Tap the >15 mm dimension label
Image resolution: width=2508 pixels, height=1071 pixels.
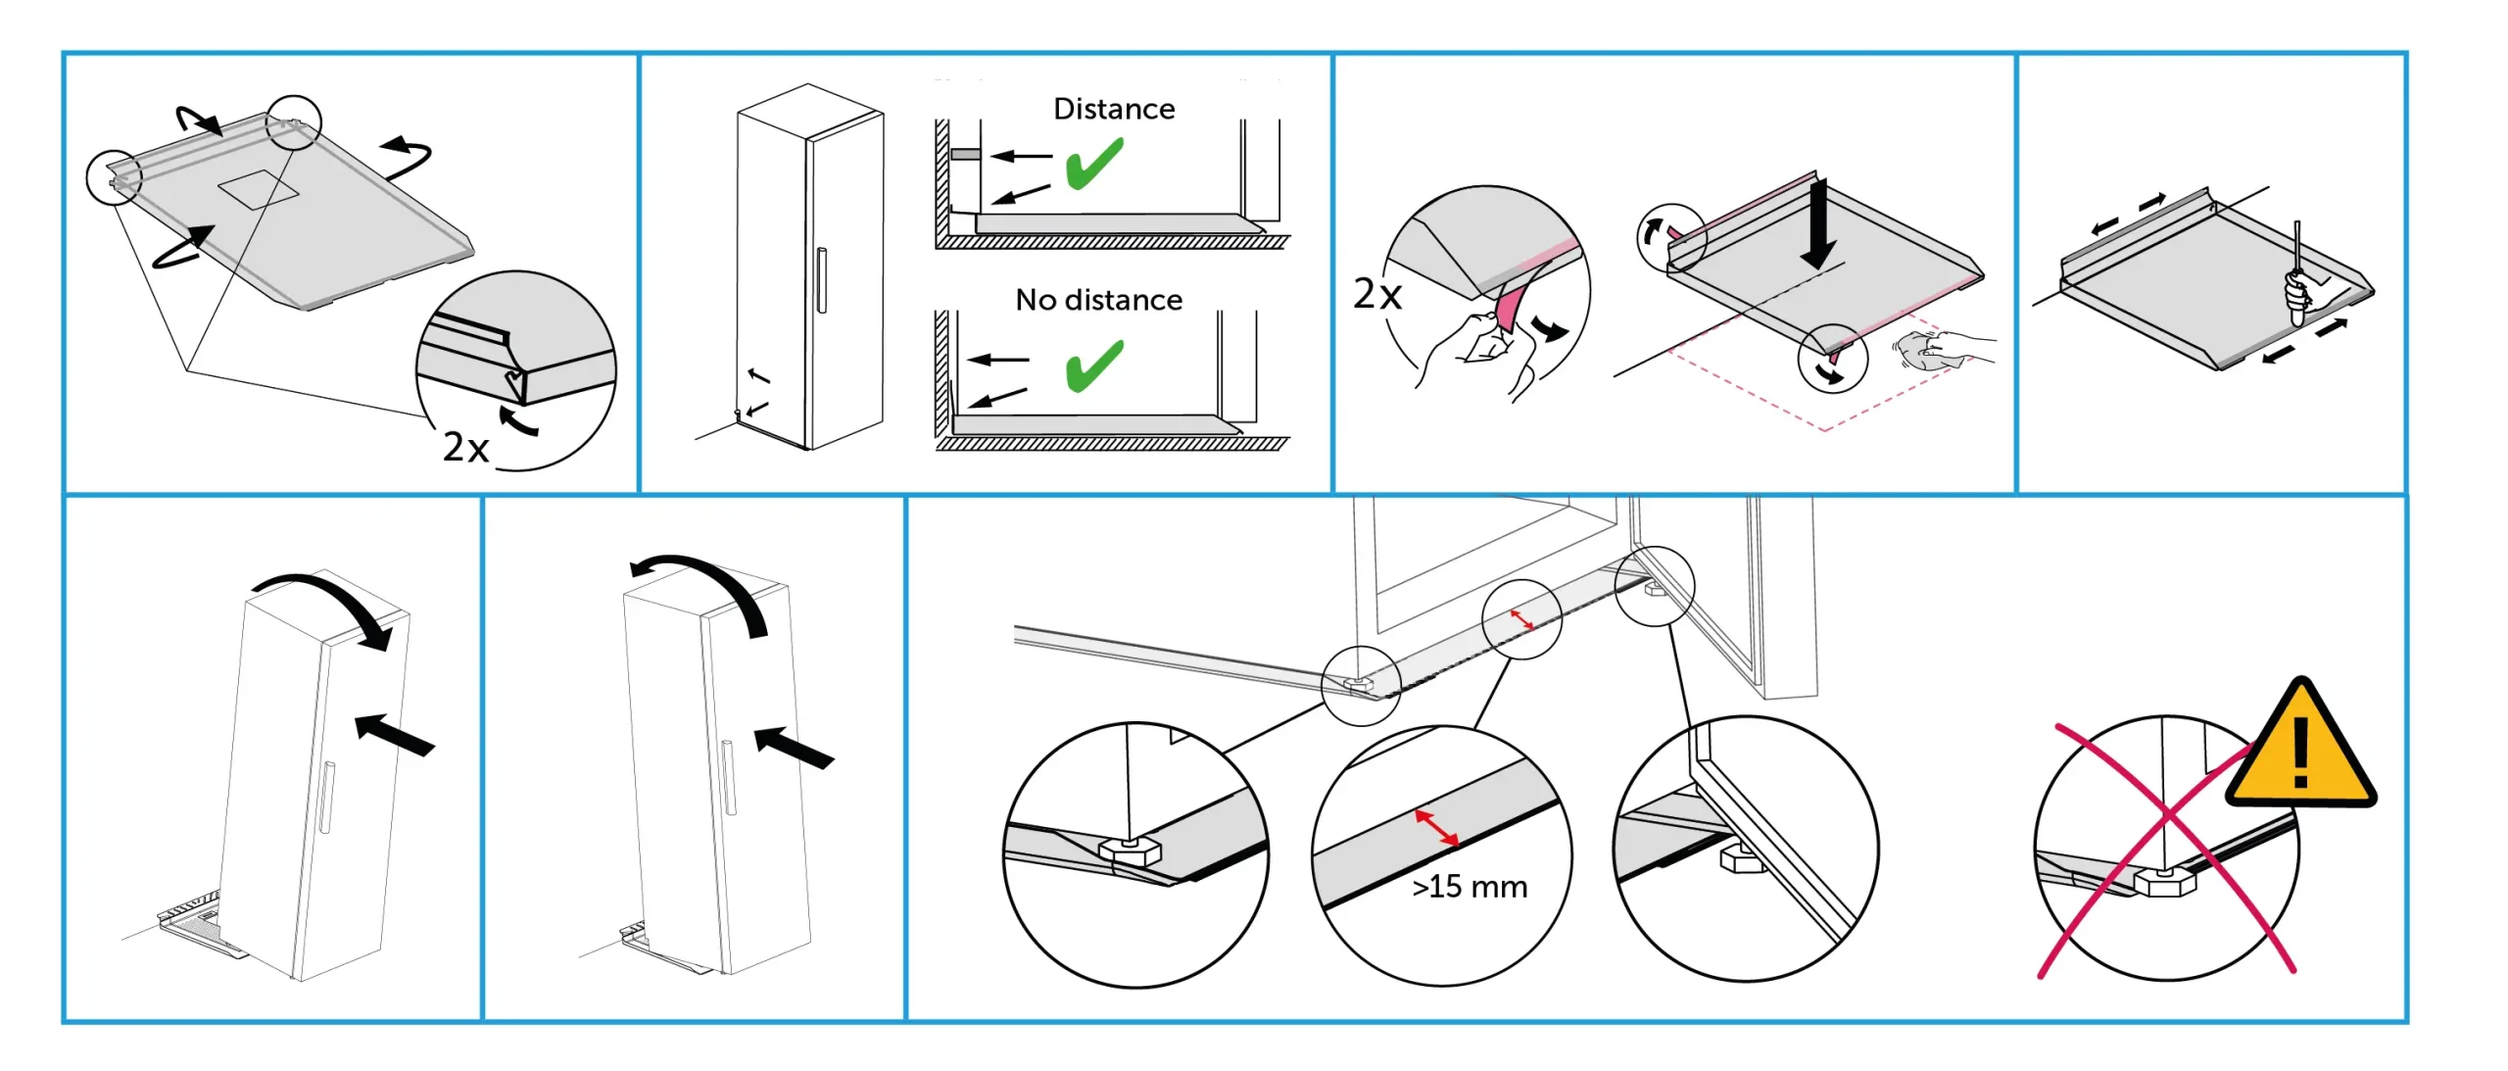coord(1470,887)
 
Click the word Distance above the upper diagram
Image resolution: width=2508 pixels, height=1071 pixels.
coord(1114,109)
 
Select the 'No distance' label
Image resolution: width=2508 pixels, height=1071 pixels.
coord(1098,300)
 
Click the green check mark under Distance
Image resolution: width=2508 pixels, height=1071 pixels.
coord(1094,164)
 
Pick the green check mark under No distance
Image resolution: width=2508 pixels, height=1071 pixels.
coord(1094,365)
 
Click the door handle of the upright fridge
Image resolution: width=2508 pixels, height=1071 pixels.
coord(821,280)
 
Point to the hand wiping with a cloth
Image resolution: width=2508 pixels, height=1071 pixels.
coord(1945,350)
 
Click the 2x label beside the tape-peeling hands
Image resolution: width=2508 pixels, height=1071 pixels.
coord(1376,294)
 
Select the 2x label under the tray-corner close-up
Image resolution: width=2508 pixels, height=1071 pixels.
coord(465,447)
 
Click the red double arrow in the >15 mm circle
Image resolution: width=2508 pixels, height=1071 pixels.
coord(1436,828)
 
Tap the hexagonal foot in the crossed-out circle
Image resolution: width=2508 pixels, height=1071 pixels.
coord(2163,881)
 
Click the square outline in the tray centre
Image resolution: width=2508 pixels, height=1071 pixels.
coord(258,189)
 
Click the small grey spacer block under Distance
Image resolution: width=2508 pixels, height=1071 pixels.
coord(965,154)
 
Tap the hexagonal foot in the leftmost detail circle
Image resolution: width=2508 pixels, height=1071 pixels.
coord(1130,850)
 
